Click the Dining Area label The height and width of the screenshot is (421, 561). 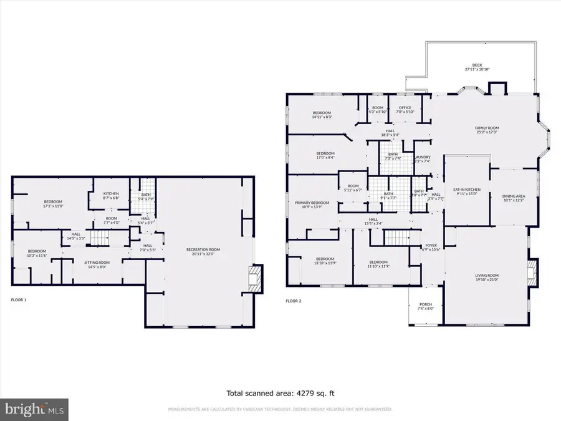(514, 198)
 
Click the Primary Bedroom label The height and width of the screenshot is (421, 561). (312, 204)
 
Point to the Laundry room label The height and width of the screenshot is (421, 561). (422, 159)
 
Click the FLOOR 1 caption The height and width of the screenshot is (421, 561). (19, 300)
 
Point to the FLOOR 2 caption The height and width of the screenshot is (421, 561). (293, 301)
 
